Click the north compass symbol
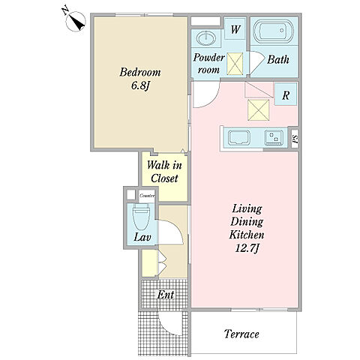76,21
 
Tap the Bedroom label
140,72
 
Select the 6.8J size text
140,85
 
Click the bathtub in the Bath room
274,31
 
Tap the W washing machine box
235,28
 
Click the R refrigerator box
286,94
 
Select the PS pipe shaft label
295,139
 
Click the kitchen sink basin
239,138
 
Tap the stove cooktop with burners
274,138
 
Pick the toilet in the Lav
141,217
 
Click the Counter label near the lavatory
147,196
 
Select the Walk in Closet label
164,172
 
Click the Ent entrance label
166,295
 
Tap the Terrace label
241,334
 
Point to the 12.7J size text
247,248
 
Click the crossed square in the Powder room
235,64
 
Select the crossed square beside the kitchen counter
259,110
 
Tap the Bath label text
278,59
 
